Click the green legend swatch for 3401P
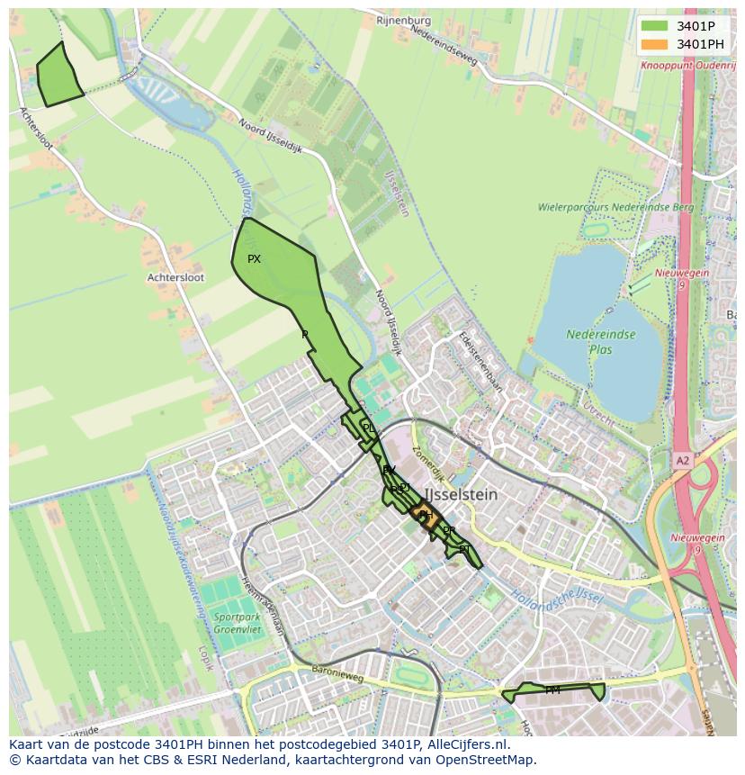pyautogui.click(x=655, y=26)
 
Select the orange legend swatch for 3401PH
pyautogui.click(x=655, y=44)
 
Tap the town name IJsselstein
pyautogui.click(x=461, y=495)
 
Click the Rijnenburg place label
pyautogui.click(x=403, y=21)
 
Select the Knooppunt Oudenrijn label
pyautogui.click(x=687, y=66)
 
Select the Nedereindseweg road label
pyautogui.click(x=444, y=44)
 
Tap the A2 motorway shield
pyautogui.click(x=683, y=460)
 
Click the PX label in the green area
pyautogui.click(x=254, y=259)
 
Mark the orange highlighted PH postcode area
pyautogui.click(x=426, y=516)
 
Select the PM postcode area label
pyautogui.click(x=552, y=690)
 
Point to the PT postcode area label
pyautogui.click(x=464, y=549)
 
